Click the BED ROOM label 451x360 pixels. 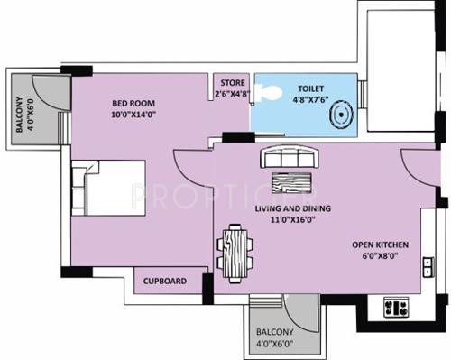point(132,103)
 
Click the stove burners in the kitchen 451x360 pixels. point(394,307)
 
